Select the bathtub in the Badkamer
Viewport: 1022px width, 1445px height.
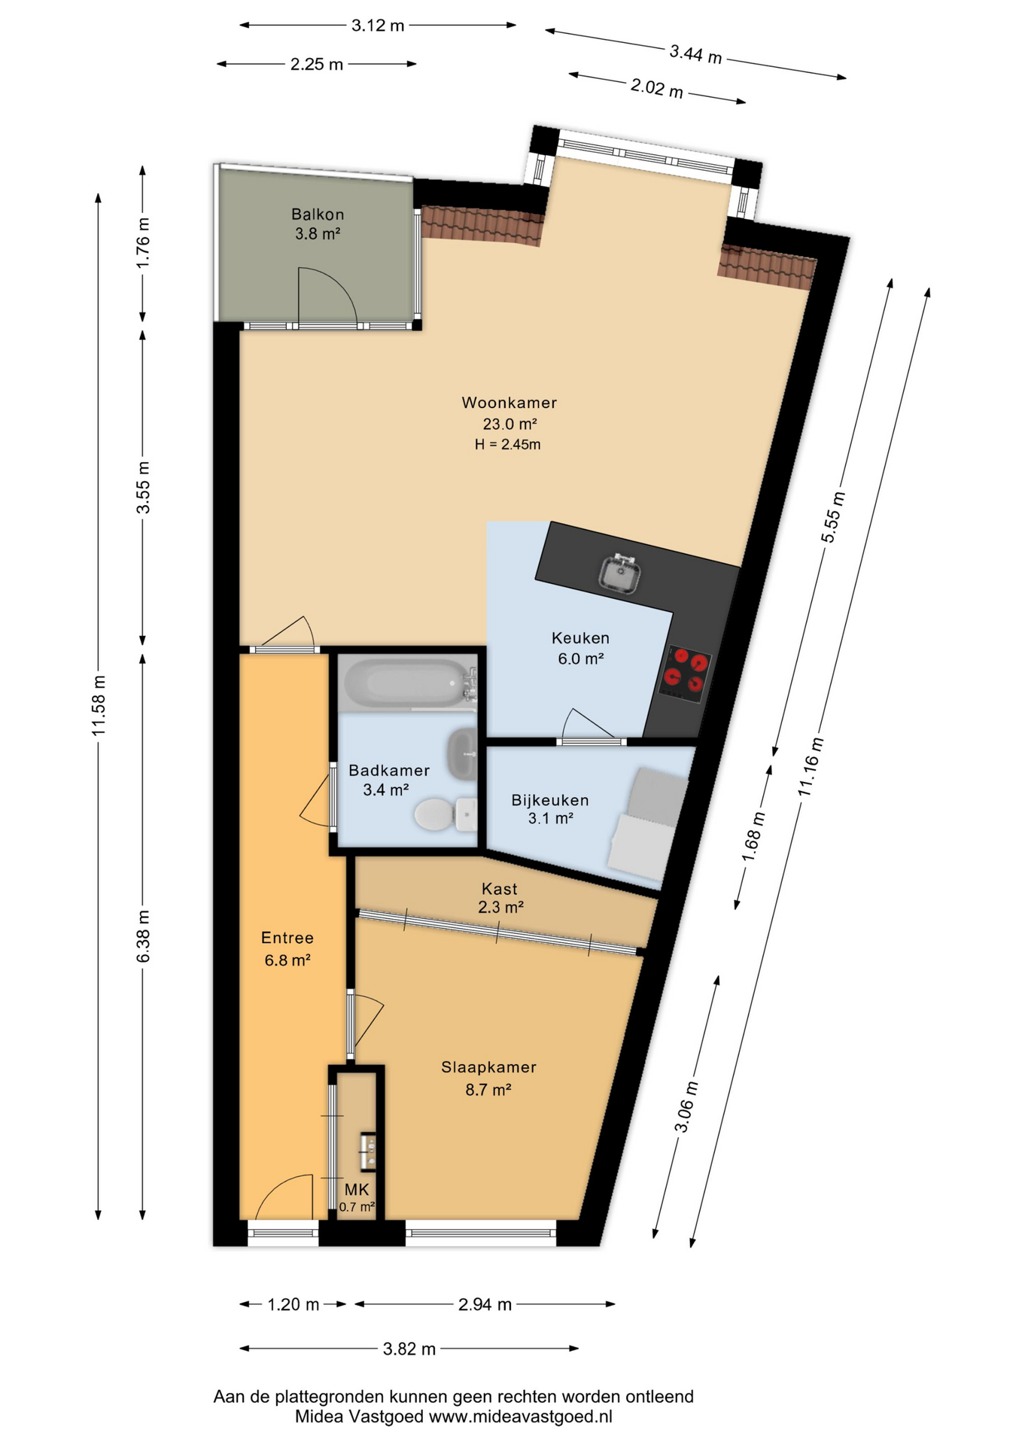click(x=407, y=683)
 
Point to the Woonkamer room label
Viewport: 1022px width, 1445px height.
click(x=509, y=403)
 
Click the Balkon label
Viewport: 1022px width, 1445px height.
click(x=318, y=214)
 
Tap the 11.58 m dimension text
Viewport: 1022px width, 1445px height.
click(x=98, y=705)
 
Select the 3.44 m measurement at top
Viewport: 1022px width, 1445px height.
click(x=695, y=53)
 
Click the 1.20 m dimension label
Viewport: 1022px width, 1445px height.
click(x=294, y=1304)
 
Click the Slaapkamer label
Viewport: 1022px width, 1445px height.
click(x=488, y=1067)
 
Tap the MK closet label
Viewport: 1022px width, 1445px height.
click(x=357, y=1189)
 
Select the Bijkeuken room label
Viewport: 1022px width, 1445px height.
click(x=550, y=800)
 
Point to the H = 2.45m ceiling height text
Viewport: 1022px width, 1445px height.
click(x=507, y=445)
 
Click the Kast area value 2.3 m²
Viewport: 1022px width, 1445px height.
click(x=500, y=907)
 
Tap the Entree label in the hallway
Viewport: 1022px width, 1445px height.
click(x=287, y=938)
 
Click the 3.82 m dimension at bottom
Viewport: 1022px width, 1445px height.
click(x=409, y=1349)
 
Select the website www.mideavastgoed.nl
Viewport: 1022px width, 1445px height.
click(x=520, y=1416)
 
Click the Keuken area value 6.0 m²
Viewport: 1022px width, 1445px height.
click(x=580, y=659)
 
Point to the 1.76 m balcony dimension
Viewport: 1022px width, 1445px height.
click(x=143, y=242)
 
